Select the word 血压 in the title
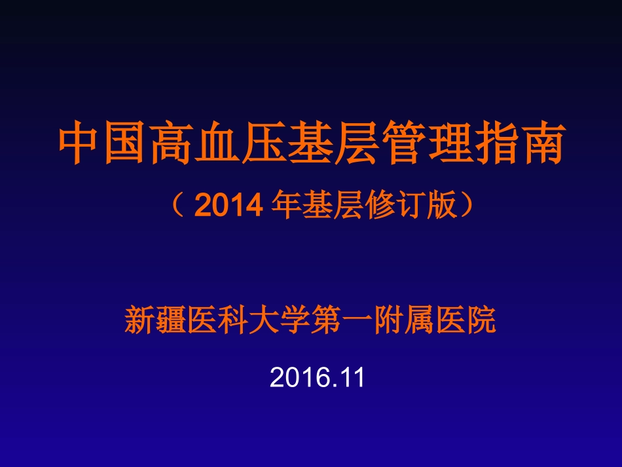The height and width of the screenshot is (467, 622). pyautogui.click(x=243, y=143)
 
